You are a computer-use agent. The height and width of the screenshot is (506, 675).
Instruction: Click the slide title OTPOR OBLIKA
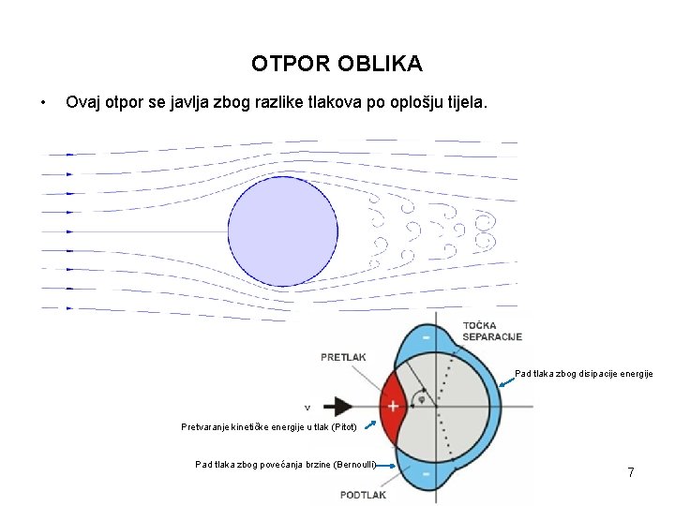pyautogui.click(x=337, y=65)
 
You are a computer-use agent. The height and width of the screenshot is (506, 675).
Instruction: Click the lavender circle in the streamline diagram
pyautogui.click(x=283, y=231)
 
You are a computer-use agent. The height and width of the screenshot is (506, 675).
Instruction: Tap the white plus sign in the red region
pyautogui.click(x=392, y=407)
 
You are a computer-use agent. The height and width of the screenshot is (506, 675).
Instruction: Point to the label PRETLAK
pyautogui.click(x=343, y=357)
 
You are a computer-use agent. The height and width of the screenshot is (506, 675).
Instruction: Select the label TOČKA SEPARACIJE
pyautogui.click(x=491, y=332)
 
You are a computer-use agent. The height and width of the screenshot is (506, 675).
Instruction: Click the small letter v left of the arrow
pyautogui.click(x=307, y=408)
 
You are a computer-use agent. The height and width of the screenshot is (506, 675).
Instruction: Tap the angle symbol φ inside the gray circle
pyautogui.click(x=421, y=397)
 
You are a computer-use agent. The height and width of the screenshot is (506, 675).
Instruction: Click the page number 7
pyautogui.click(x=631, y=473)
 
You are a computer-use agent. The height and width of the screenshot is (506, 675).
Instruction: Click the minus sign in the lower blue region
pyautogui.click(x=427, y=475)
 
